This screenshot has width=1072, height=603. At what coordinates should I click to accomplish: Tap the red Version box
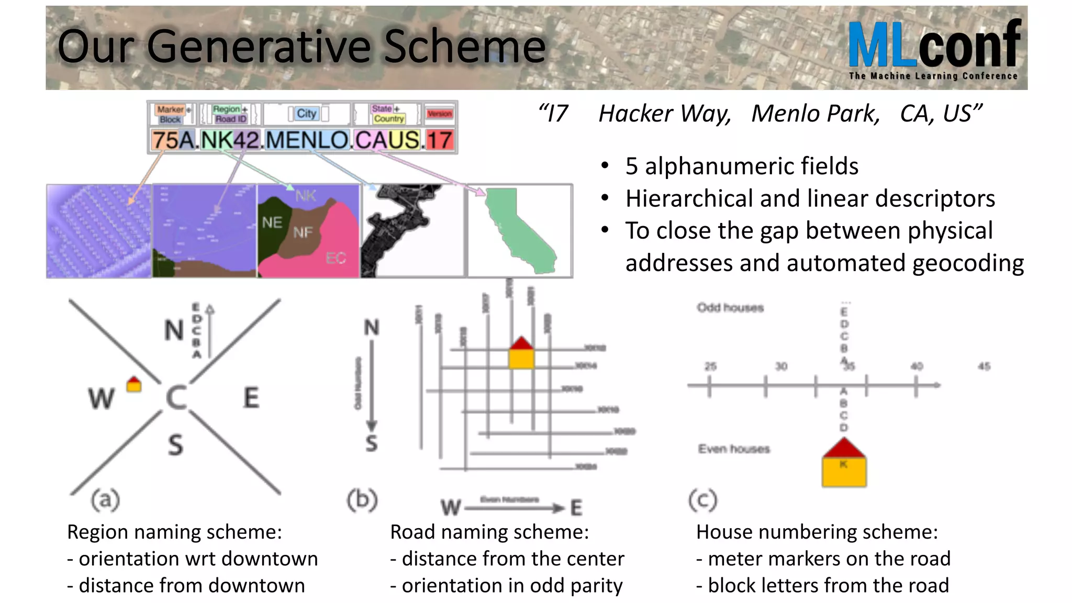click(x=439, y=114)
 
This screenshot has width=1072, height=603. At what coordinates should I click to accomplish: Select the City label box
click(x=307, y=114)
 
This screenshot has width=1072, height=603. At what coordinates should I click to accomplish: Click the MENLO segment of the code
click(x=307, y=140)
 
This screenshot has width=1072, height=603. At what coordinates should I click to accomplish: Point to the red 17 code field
click(x=439, y=140)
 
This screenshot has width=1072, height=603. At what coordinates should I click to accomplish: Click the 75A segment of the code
click(x=173, y=140)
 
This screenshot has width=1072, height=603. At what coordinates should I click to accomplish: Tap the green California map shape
click(x=518, y=230)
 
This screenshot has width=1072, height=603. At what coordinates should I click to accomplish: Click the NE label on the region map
click(x=272, y=223)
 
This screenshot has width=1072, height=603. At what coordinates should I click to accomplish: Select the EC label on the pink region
click(x=336, y=258)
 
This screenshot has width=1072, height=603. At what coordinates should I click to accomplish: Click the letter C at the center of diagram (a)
click(x=176, y=398)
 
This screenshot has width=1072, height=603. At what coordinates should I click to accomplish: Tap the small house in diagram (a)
click(x=134, y=385)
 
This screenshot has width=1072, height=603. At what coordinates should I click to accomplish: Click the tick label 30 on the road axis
click(x=781, y=366)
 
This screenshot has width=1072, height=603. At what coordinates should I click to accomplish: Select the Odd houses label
click(x=730, y=308)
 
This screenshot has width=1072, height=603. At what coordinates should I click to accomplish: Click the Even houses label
click(x=734, y=449)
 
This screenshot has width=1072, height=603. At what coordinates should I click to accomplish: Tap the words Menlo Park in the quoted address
click(x=816, y=114)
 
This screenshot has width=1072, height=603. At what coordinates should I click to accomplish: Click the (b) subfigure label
click(x=362, y=499)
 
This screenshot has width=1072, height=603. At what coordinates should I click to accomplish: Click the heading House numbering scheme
click(x=817, y=532)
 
